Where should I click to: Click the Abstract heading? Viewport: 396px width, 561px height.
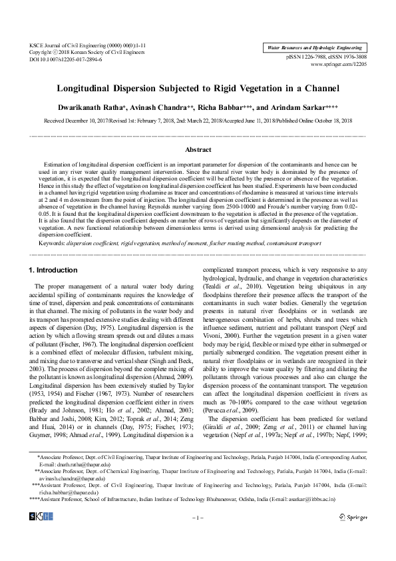198,150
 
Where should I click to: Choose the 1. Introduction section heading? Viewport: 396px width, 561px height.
54,270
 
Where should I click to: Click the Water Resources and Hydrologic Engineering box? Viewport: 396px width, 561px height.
313,49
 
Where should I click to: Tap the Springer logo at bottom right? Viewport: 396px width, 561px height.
353,516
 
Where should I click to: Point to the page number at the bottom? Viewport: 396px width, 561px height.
198,517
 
